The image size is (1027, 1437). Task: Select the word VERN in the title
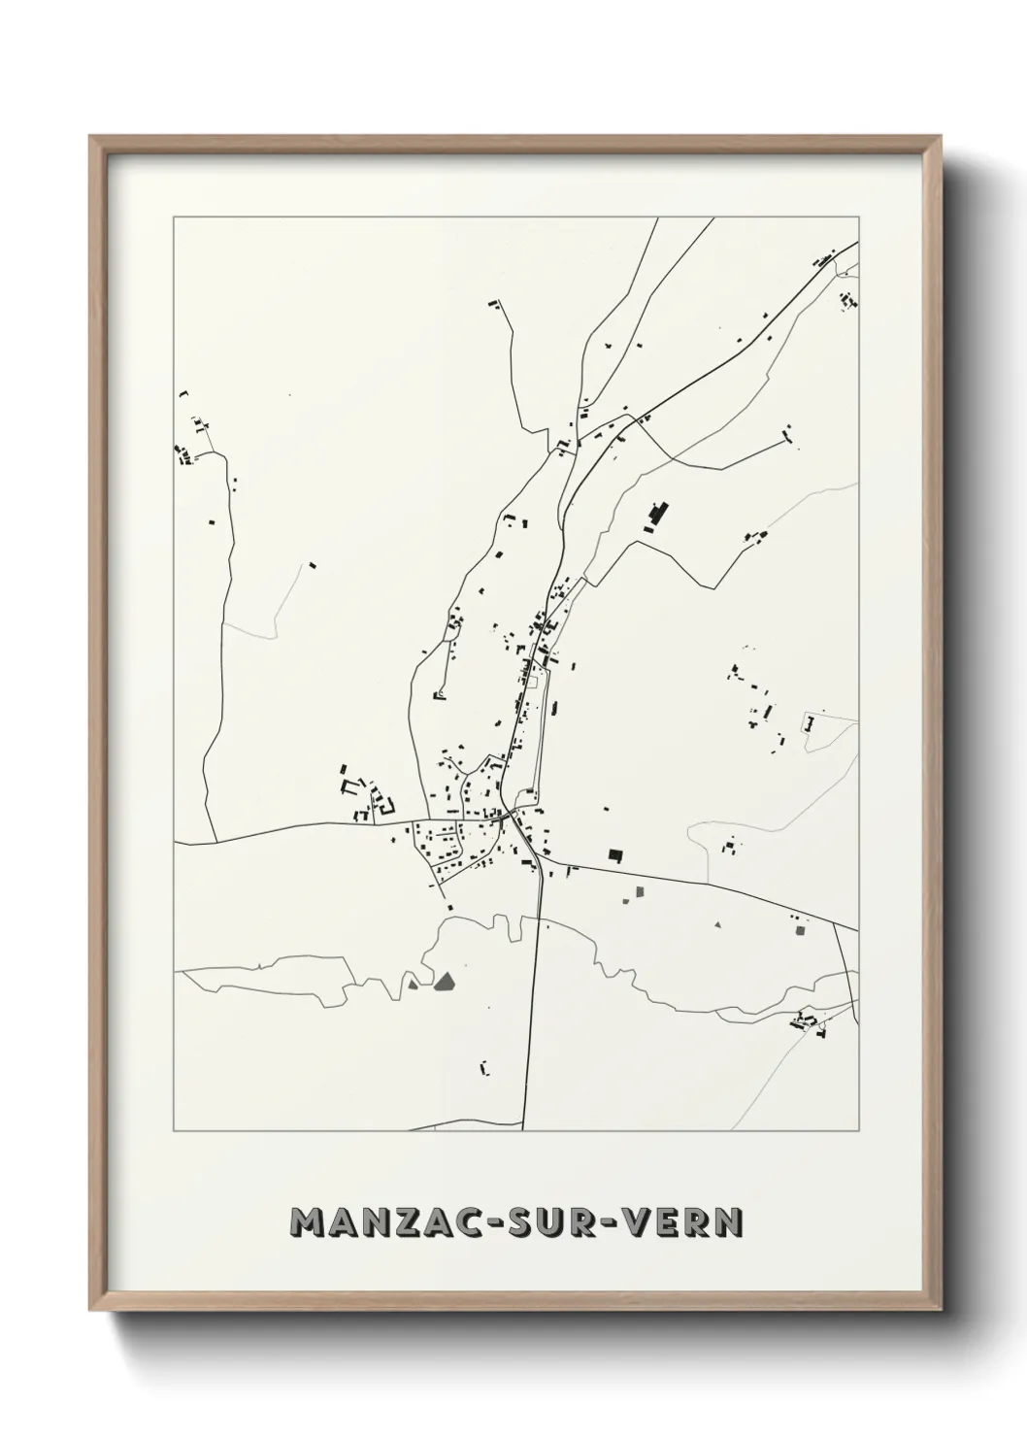click(693, 1223)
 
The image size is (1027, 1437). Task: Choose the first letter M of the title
click(308, 1223)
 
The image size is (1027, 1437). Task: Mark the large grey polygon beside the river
click(446, 982)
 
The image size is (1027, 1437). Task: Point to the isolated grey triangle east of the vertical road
click(717, 925)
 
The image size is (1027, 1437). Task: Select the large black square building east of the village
click(614, 854)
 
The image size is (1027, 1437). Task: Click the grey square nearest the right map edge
click(801, 930)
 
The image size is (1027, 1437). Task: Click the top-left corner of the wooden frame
click(90, 137)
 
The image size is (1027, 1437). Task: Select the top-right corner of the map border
click(858, 217)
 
